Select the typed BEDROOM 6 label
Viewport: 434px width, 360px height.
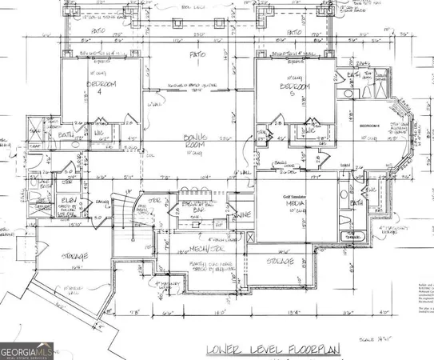(370, 126)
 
